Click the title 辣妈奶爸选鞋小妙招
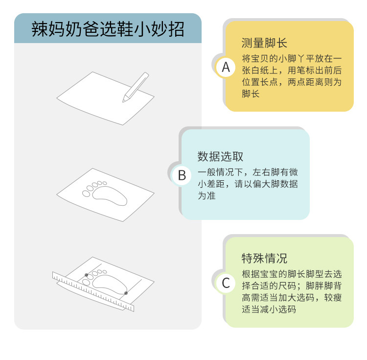(108, 29)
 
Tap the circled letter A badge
(226, 68)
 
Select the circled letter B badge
(182, 175)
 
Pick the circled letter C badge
(226, 283)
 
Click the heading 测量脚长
(264, 43)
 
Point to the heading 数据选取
(220, 156)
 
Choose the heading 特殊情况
(264, 258)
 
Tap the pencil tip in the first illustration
(123, 101)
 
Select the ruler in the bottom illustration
(93, 292)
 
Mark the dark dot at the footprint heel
(126, 293)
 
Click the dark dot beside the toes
(86, 275)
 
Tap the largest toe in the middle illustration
(86, 193)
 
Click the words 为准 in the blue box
(206, 195)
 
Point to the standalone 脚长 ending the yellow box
(251, 94)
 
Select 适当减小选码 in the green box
(269, 309)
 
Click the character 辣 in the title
(40, 29)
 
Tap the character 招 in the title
(176, 29)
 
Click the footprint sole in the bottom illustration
(110, 285)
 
